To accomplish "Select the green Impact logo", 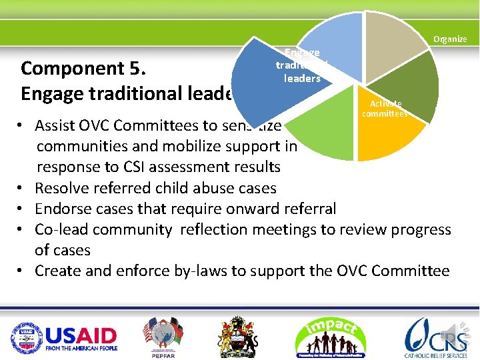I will (x=331, y=337).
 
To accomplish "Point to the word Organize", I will (x=450, y=39).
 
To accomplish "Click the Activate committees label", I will (x=385, y=109).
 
